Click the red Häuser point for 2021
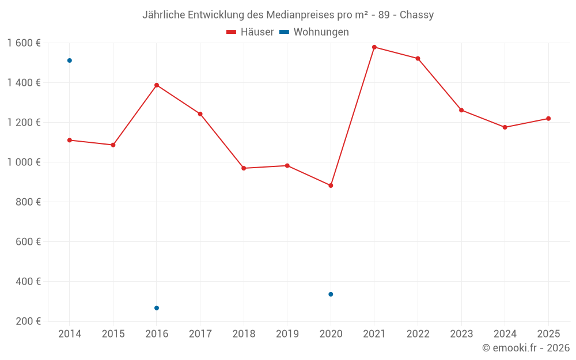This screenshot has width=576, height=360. coord(374,47)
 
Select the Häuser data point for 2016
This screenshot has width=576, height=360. coord(157,85)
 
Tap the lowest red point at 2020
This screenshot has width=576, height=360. coord(331,185)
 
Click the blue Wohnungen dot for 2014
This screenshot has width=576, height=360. coord(70,60)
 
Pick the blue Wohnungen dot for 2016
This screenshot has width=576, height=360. coord(157,308)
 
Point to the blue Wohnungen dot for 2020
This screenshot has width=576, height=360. coord(331,294)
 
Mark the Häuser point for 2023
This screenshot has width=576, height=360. coord(461,110)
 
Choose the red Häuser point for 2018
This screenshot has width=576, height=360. coord(244,168)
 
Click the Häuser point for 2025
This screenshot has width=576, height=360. coord(548,119)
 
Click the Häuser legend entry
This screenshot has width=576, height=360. coord(251,32)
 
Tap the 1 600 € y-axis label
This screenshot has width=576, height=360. coord(24,43)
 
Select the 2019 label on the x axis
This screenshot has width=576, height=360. coord(287,334)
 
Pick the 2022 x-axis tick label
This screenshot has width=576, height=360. coord(418,334)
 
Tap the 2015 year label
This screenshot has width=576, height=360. coord(113,334)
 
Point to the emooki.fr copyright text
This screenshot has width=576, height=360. coord(526,348)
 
